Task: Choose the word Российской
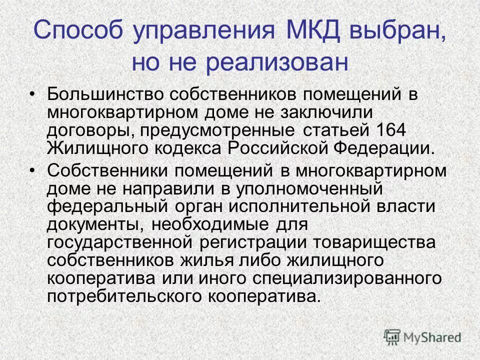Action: point(268,148)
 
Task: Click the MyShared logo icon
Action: point(393,336)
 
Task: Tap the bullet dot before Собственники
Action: point(33,170)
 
